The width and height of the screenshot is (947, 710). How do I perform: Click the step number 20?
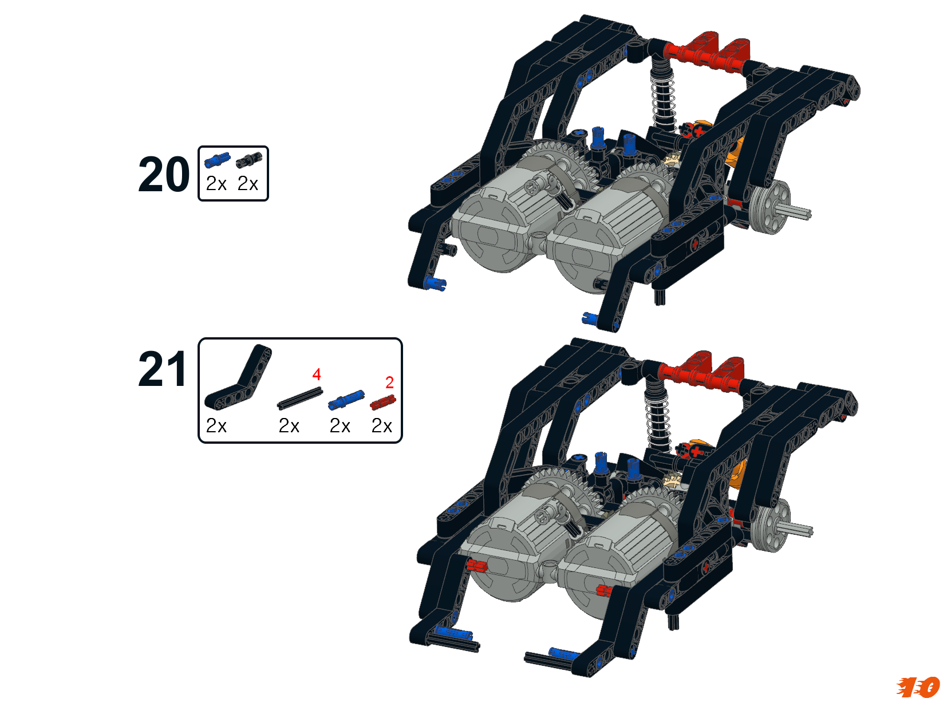[x=164, y=174]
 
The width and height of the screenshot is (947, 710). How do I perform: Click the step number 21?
[x=162, y=369]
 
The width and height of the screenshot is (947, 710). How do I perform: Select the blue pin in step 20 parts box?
[x=217, y=160]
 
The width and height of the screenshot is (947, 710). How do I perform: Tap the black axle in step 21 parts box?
[x=300, y=398]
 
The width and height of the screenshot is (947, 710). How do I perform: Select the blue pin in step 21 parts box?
[x=346, y=400]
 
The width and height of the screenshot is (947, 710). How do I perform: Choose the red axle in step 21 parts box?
[x=382, y=403]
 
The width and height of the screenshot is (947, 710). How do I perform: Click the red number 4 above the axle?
[x=316, y=374]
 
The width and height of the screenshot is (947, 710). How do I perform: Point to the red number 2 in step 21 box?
[x=389, y=382]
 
